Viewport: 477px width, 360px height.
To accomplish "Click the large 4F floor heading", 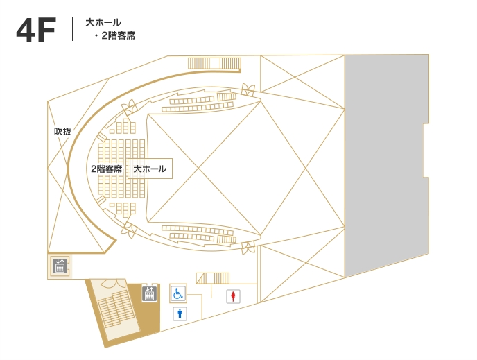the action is (x=36, y=30).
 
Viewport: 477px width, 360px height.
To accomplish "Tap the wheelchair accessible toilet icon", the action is (x=178, y=293).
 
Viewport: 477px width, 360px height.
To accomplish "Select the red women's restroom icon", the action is (x=234, y=296).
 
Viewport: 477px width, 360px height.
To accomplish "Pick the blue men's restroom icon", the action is (x=180, y=314).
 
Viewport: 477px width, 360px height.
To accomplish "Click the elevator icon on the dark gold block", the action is (x=149, y=294).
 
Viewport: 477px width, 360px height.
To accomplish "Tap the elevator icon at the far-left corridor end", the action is (x=60, y=266).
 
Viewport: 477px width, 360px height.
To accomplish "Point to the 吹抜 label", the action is (x=62, y=132).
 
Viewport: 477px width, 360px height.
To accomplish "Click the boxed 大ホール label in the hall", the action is (x=150, y=169).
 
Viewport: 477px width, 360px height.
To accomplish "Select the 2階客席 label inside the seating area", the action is (x=107, y=169).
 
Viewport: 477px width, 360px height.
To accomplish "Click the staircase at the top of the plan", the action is (x=214, y=64).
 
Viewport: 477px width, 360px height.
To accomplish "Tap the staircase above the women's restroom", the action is (x=213, y=278).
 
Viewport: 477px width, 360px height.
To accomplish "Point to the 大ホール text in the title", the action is (x=103, y=22).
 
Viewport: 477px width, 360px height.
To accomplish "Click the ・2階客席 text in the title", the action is (x=114, y=35).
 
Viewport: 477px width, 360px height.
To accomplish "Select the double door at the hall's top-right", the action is (x=248, y=89).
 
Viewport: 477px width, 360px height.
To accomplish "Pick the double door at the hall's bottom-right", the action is (x=248, y=247).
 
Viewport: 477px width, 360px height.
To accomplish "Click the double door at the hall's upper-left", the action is (x=129, y=107).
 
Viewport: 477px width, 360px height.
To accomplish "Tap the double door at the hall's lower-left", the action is (x=129, y=230).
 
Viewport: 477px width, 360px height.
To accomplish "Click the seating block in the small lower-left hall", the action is (x=116, y=308).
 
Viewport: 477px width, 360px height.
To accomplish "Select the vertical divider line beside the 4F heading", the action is (x=72, y=29).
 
